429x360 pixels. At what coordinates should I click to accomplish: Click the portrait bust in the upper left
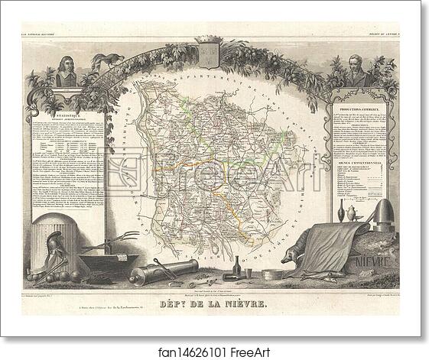pyautogui.click(x=68, y=73)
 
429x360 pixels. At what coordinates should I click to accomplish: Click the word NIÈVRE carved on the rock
pyautogui.click(x=373, y=262)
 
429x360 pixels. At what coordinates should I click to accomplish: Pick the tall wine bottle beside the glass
pyautogui.click(x=235, y=268)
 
